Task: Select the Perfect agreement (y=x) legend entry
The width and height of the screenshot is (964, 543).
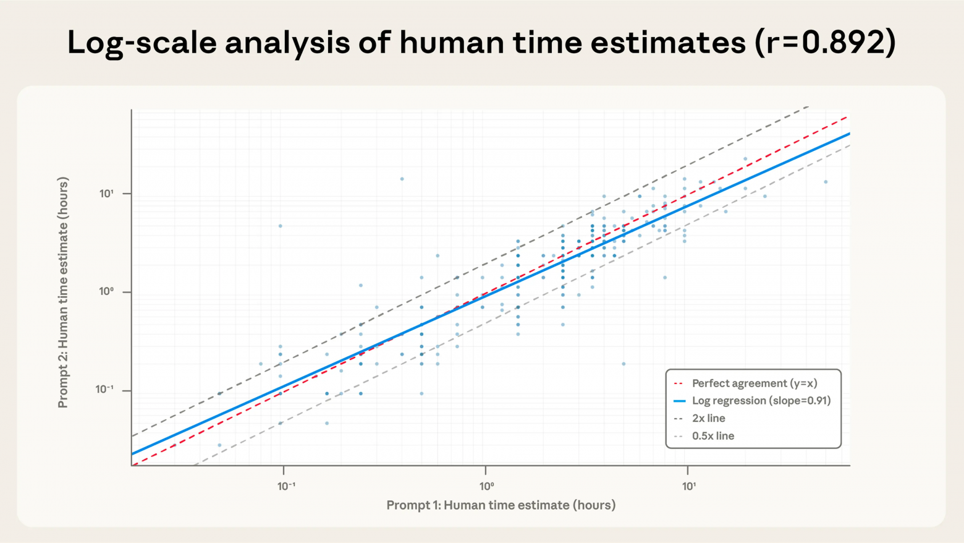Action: click(x=754, y=383)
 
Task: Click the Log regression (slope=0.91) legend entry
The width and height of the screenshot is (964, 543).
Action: click(x=761, y=401)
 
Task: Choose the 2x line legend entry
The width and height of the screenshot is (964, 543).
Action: click(x=708, y=418)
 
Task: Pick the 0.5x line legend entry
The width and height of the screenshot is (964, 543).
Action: click(x=712, y=436)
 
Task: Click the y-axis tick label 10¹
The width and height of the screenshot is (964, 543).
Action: click(x=106, y=194)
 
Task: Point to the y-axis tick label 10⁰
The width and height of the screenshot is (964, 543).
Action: click(x=106, y=291)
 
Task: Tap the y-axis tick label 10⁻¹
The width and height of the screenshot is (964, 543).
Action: click(x=104, y=390)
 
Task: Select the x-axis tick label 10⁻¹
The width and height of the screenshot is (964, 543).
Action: click(x=286, y=486)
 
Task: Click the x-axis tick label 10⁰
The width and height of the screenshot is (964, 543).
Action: click(x=487, y=486)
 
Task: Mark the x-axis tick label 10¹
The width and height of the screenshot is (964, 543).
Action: click(x=689, y=486)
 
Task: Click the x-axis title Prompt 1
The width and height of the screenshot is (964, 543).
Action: click(x=501, y=505)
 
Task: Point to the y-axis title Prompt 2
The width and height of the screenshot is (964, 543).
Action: click(x=62, y=293)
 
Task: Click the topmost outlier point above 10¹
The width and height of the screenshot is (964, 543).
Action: click(x=402, y=179)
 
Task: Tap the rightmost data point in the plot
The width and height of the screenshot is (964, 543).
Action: click(x=826, y=182)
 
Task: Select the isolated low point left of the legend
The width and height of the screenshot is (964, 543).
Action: click(x=624, y=364)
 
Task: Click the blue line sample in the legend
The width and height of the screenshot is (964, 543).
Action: click(x=679, y=401)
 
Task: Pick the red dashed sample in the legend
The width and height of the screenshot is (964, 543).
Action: click(x=679, y=383)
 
